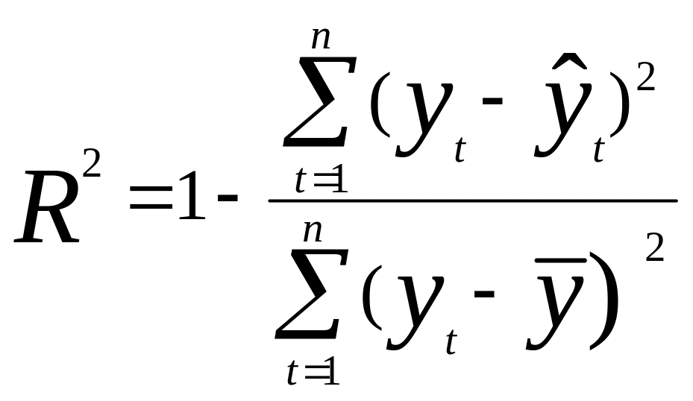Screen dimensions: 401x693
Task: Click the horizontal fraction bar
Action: point(473,200)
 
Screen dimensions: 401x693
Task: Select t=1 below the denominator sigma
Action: point(314,373)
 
